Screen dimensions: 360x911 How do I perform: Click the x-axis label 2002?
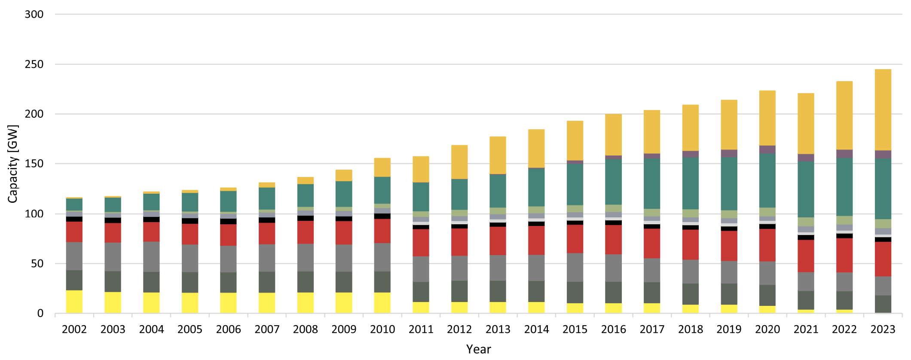(74, 329)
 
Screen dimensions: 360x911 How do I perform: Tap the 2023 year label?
(883, 329)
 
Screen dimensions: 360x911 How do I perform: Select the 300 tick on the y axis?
(34, 15)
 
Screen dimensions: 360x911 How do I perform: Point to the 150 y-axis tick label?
(34, 164)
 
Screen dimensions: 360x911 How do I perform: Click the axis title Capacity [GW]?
(13, 164)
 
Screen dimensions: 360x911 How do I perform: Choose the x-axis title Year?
(478, 349)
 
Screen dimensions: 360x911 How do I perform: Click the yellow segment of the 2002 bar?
(74, 302)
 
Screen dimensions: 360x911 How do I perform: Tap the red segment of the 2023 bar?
(883, 259)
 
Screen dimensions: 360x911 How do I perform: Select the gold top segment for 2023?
(883, 110)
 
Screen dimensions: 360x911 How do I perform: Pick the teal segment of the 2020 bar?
(767, 180)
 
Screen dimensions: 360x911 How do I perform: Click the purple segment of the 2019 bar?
(729, 153)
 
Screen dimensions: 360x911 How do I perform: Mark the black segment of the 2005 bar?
(190, 221)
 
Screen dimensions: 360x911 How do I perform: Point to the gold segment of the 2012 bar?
(459, 162)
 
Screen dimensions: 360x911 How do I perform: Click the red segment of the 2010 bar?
(382, 231)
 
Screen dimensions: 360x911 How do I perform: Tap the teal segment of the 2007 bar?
(267, 198)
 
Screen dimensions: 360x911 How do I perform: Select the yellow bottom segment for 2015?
(575, 308)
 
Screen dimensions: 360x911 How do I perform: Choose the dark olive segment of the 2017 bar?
(651, 293)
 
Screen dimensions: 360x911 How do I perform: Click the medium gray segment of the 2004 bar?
(151, 256)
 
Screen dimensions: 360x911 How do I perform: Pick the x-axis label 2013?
(498, 329)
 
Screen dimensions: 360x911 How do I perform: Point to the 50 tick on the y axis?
(37, 264)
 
